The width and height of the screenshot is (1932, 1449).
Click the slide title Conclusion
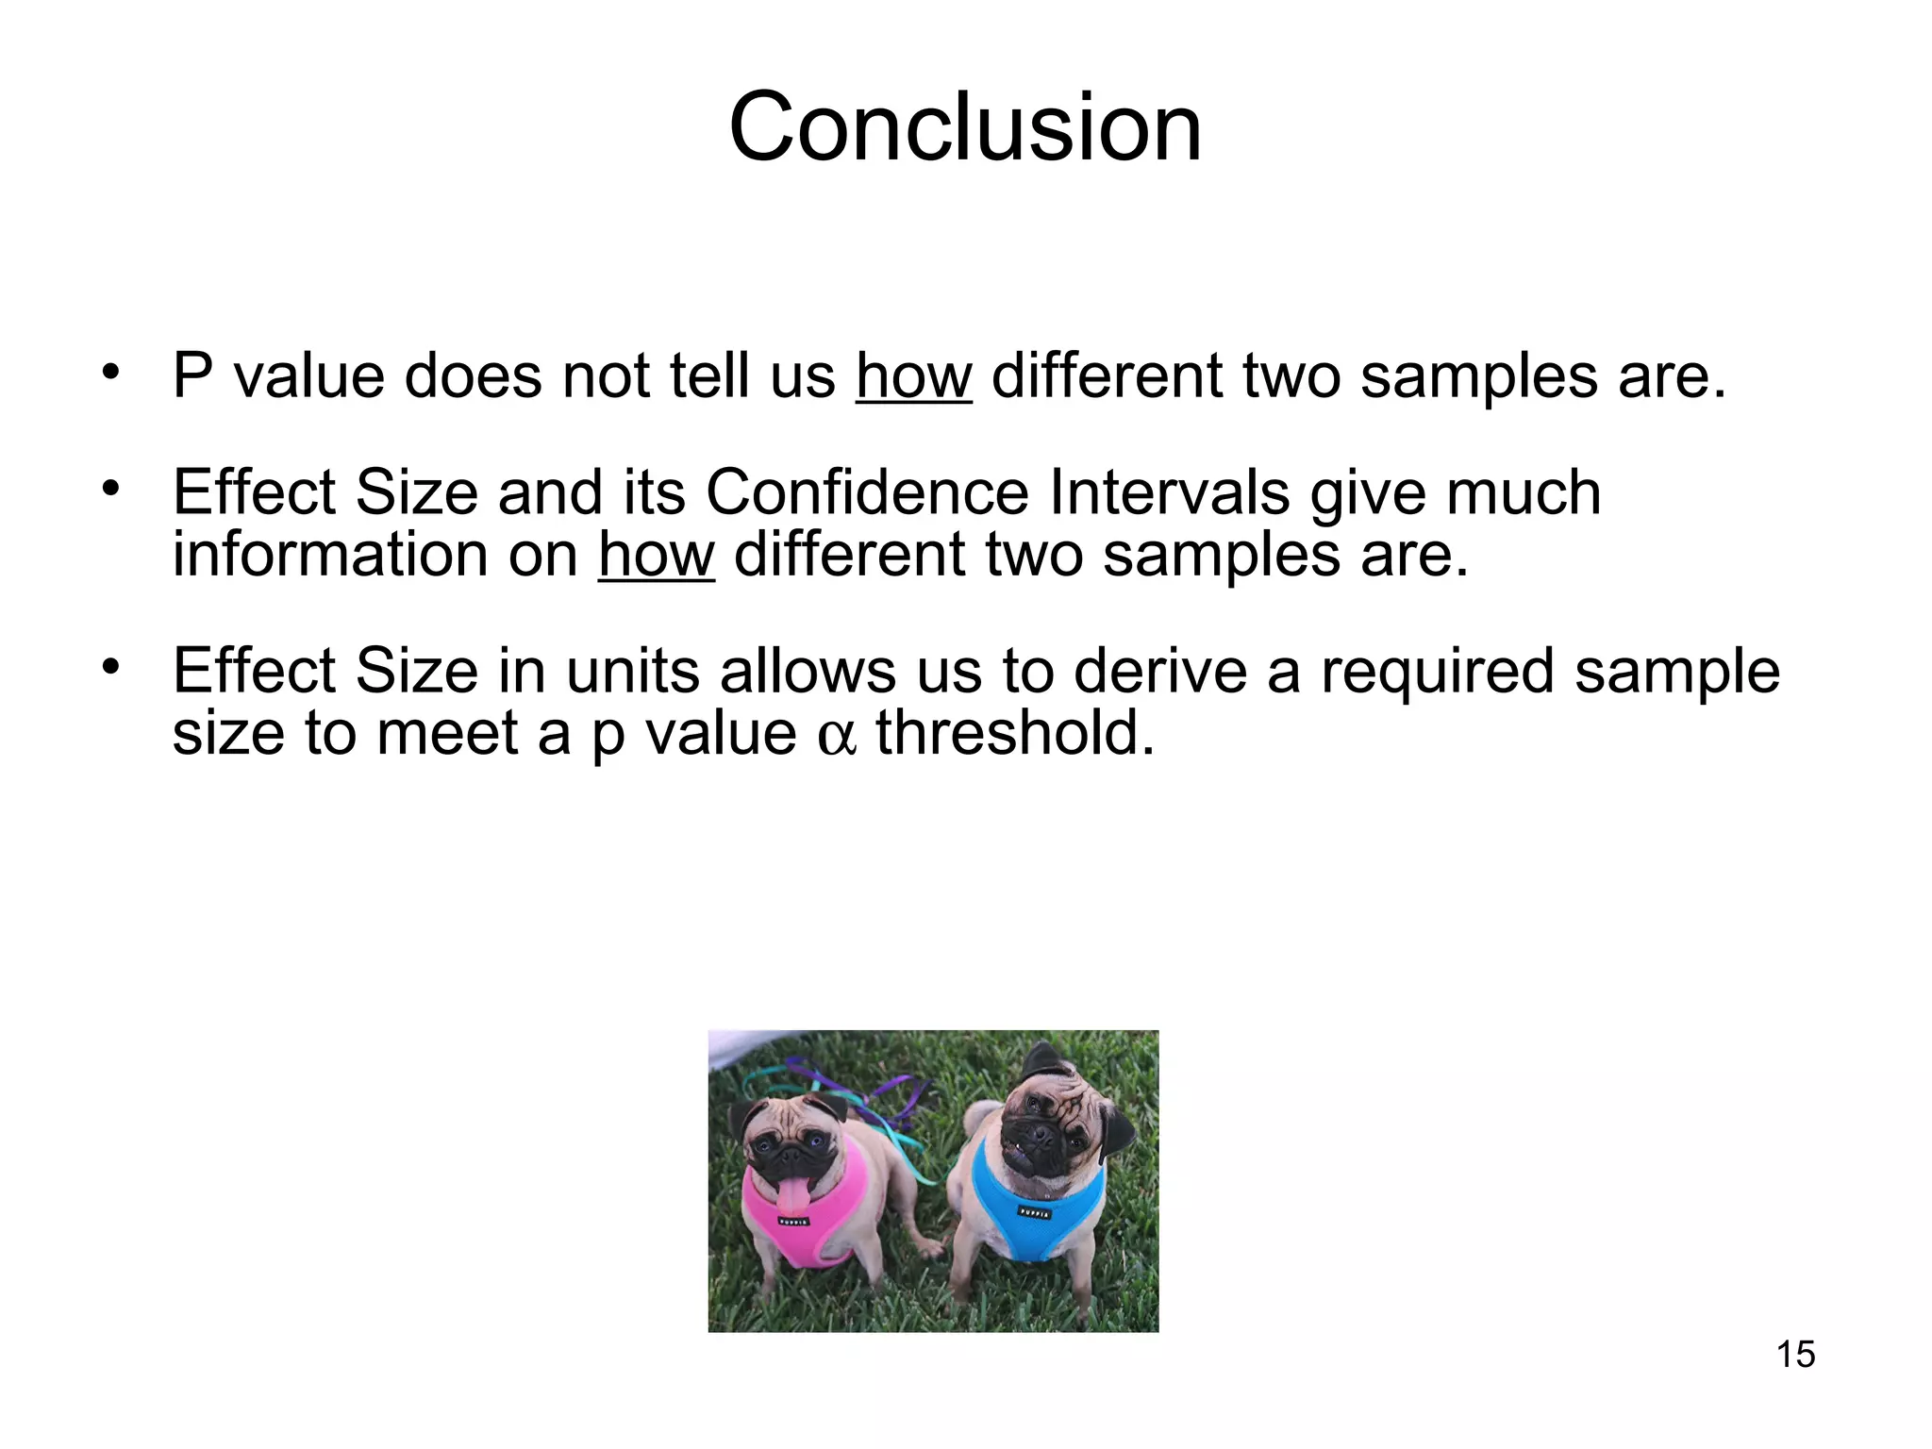965,126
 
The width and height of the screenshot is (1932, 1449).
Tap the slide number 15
1795,1355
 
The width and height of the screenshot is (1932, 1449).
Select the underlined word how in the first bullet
913,375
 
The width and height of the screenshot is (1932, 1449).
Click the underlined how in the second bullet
656,554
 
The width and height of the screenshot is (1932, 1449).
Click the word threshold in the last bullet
1015,733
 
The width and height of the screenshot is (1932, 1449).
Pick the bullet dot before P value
111,372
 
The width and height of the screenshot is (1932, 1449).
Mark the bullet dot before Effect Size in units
111,667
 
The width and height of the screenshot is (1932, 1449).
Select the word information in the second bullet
329,554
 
